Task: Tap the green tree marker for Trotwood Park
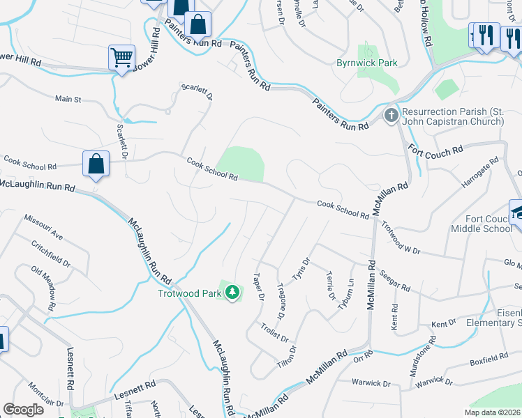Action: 232,292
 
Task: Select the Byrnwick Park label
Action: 368,63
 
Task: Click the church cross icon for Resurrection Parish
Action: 391,114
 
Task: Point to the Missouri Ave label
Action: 44,226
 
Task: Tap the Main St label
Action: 68,100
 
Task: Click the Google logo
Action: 23,409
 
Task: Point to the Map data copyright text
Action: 492,412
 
